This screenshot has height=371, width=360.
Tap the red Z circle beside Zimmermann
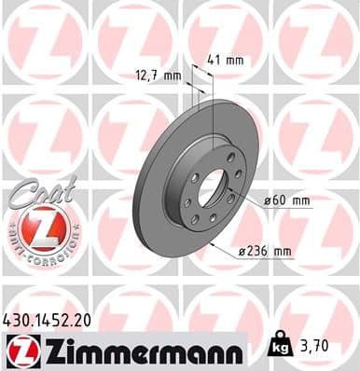click(21, 350)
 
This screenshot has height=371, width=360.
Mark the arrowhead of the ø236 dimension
click(213, 244)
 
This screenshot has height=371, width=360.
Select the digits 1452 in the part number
click(53, 319)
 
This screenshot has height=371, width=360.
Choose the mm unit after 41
click(237, 61)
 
